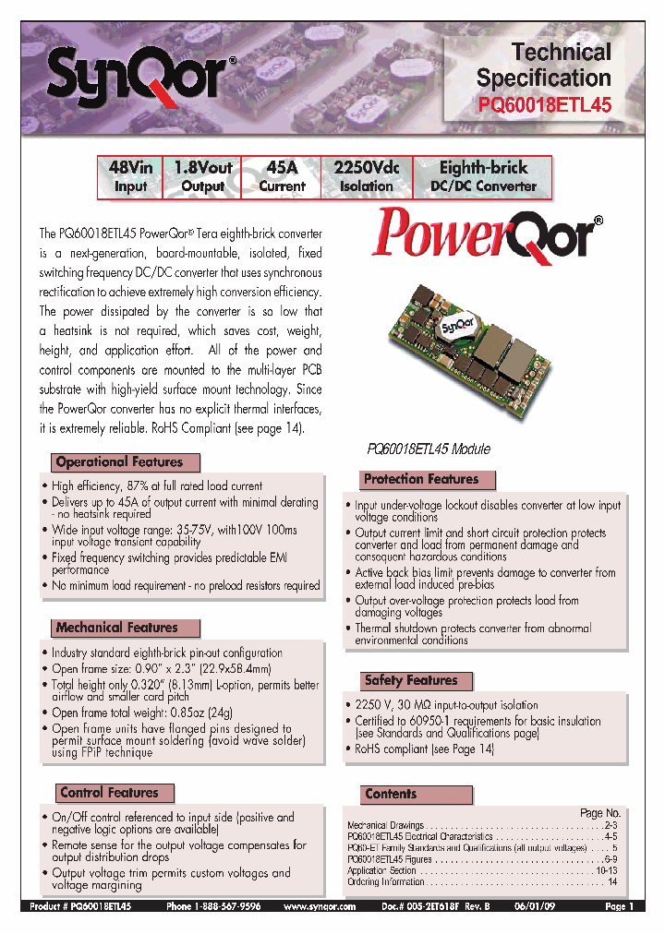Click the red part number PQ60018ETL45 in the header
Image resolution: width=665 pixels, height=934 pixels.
544,105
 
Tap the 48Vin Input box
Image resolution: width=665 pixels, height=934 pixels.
130,176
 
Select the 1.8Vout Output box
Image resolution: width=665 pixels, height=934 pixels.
202,176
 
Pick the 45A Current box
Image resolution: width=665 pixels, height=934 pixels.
282,176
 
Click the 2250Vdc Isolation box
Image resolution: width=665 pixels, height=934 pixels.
367,176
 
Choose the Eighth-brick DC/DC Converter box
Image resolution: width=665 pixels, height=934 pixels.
483,176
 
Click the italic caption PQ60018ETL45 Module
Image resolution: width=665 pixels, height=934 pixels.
429,449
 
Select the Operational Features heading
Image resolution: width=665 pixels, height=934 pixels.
119,462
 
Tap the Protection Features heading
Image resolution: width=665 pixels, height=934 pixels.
421,480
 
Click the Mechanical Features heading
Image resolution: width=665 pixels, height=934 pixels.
116,628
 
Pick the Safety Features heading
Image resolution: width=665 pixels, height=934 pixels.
410,681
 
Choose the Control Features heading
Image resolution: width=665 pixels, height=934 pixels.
108,793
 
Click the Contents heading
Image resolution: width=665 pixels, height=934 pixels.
391,794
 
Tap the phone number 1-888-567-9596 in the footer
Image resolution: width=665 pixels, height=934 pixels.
213,907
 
